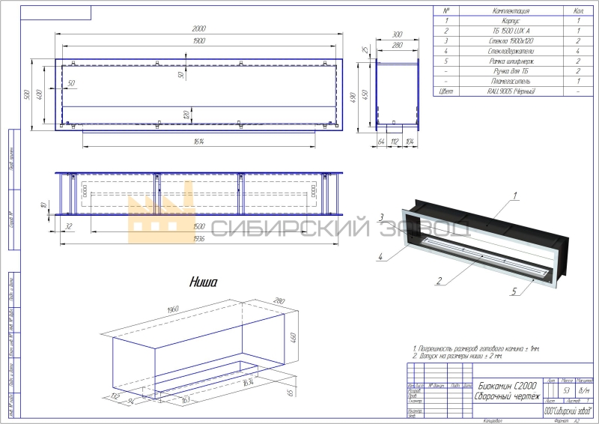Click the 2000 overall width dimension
(x=198, y=28)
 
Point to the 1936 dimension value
(x=198, y=238)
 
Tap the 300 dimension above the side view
(x=397, y=35)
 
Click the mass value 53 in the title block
(x=567, y=391)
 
